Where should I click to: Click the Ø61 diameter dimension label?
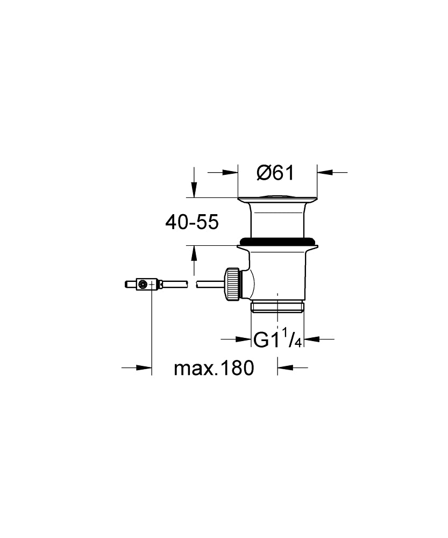click(x=275, y=172)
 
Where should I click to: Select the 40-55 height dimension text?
click(x=192, y=222)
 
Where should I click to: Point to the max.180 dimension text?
click(x=214, y=368)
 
